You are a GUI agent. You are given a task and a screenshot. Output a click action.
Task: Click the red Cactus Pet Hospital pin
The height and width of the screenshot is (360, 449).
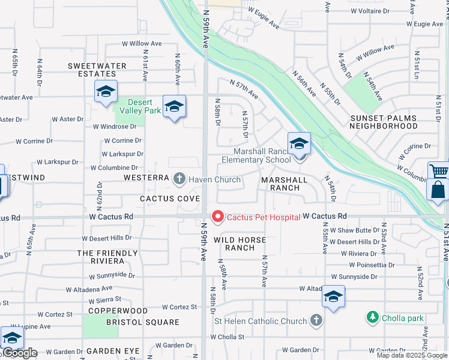coord(217,217)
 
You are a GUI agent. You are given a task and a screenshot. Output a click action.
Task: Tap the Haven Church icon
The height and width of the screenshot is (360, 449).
coord(179,179)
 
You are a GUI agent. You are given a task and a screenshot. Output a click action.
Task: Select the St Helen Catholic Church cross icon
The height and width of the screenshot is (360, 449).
coord(316,321)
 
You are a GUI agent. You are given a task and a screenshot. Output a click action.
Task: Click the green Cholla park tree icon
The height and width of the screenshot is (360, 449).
coord(372,317)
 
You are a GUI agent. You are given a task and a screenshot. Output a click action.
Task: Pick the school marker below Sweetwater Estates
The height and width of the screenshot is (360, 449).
coord(105,92)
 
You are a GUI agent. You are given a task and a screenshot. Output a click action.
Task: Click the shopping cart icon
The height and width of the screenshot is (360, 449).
coord(439,172)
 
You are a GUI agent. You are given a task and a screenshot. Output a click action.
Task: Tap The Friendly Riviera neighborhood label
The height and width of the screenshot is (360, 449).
coord(100,257)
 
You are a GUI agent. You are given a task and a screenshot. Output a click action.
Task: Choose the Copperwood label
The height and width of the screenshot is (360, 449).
coord(118,311)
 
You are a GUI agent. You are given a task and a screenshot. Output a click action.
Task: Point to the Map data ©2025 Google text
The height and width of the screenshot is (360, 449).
coord(411,355)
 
